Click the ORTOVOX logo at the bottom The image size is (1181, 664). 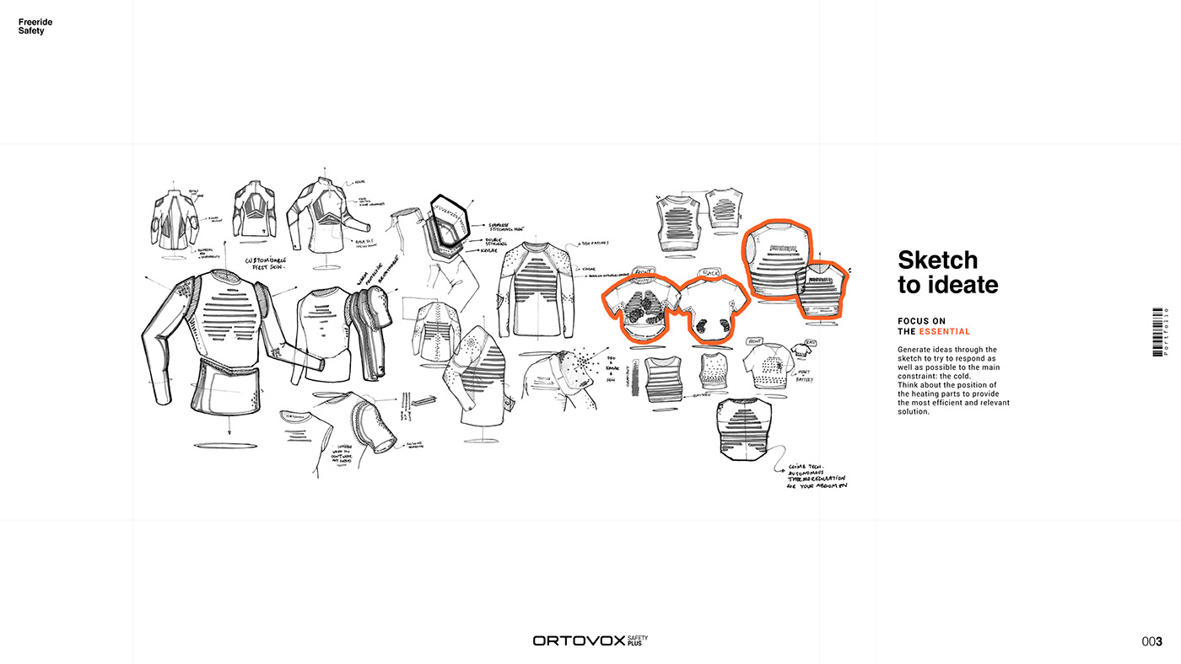point(578,641)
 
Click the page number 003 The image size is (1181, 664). point(1151,642)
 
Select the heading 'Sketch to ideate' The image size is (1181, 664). point(947,272)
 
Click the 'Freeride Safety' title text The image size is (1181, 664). point(31,26)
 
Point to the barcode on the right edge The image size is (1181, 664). point(1157,331)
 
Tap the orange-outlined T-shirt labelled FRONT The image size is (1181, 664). point(639,308)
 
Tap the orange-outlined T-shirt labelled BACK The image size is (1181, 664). point(713,308)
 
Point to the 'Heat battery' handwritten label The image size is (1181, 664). point(804,376)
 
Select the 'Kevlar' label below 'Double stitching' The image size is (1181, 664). point(489,251)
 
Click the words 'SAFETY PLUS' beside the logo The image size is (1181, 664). point(638,641)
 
